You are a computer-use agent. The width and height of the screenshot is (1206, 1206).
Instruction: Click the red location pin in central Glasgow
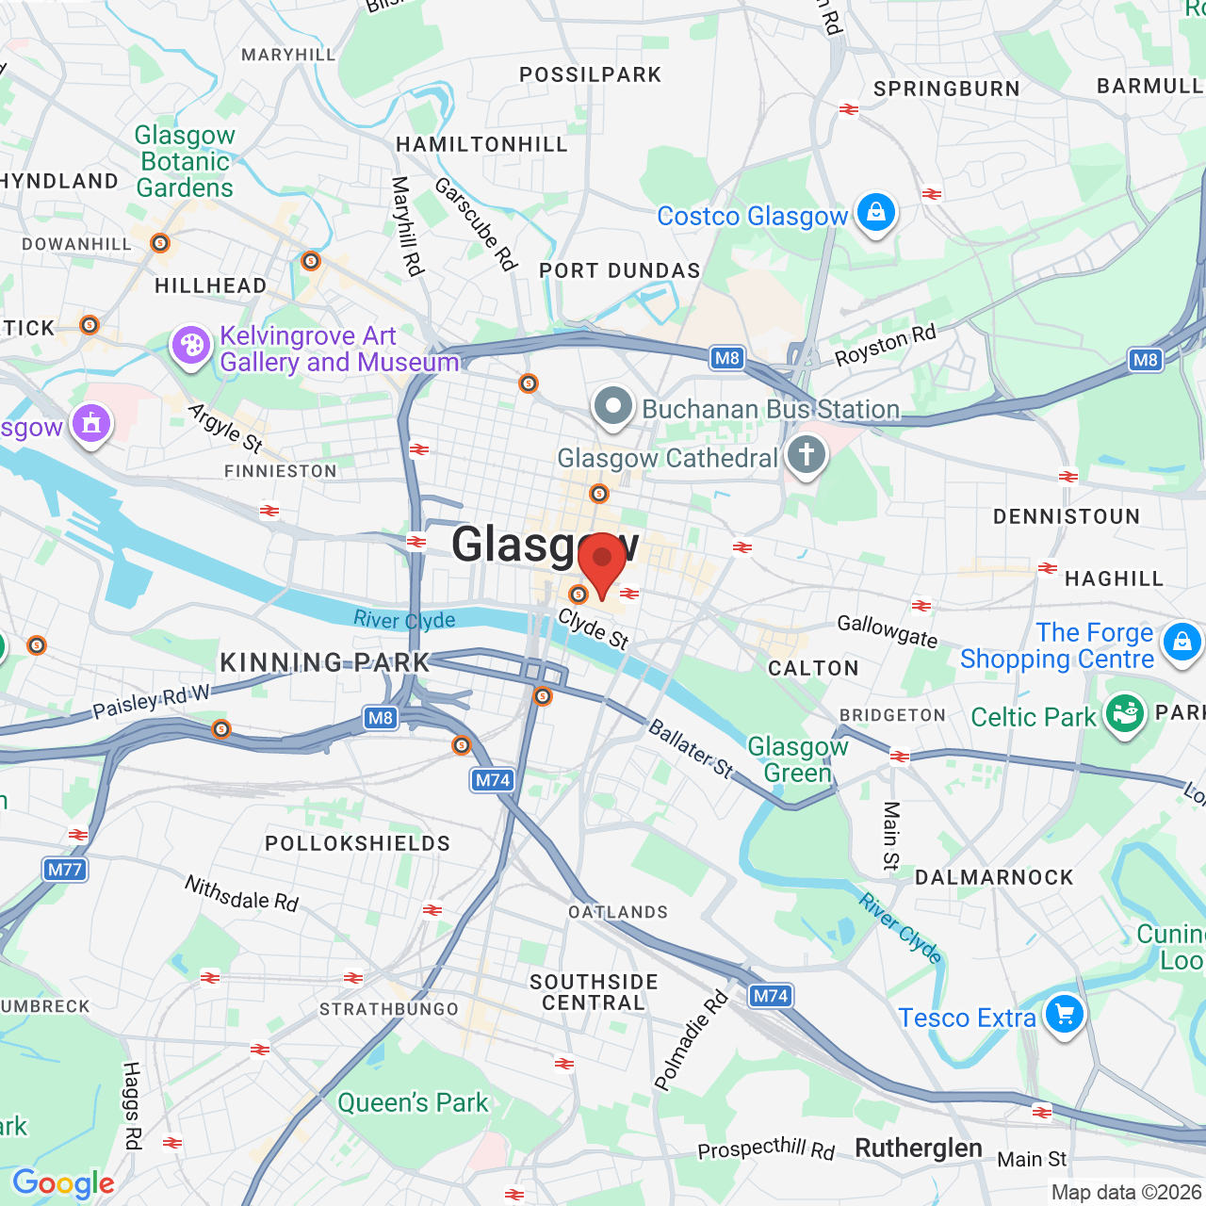coord(602,562)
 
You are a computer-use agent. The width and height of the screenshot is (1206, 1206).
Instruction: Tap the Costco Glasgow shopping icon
coord(875,213)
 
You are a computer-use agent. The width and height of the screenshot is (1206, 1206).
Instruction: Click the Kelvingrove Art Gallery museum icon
coord(191,346)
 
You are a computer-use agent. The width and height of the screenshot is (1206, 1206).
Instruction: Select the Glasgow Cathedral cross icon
coord(807,455)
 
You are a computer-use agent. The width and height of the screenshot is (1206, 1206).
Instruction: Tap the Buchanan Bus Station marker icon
coord(613,407)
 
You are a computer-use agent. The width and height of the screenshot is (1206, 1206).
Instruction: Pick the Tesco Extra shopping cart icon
coord(1065,1015)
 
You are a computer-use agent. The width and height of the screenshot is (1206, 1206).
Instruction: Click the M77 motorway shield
coord(65,869)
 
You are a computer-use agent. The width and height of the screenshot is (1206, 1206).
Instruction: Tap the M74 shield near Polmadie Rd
coord(771,996)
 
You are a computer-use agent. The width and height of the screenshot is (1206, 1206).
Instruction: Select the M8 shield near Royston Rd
coord(727,358)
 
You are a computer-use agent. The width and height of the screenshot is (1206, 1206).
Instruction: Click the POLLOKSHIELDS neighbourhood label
coord(358,843)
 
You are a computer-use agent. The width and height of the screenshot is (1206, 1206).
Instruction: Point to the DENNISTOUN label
coord(1067,516)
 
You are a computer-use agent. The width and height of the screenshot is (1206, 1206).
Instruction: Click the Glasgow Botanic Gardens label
coord(185,162)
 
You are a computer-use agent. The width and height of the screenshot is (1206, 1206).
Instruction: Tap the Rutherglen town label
coord(919,1149)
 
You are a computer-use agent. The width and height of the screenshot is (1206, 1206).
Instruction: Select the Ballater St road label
coord(691,748)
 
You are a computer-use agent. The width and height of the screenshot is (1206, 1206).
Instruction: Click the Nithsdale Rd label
coord(241,893)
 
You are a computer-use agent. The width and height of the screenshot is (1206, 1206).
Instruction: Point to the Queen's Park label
coord(413,1102)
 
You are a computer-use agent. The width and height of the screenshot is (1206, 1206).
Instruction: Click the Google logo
coord(63,1183)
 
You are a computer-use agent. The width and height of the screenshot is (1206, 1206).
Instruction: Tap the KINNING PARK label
coord(325,662)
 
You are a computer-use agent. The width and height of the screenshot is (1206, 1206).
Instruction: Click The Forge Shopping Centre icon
coord(1182,643)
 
